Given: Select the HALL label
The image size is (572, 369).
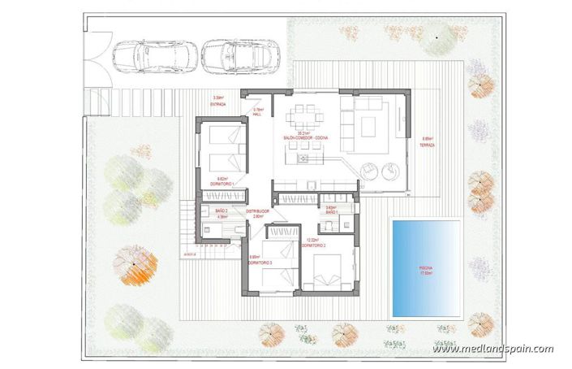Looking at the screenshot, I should [258, 114].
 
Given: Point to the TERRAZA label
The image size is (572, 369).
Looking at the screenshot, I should [428, 145].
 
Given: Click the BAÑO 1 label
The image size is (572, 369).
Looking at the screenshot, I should [331, 211].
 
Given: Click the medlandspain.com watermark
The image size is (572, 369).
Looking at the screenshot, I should [492, 349].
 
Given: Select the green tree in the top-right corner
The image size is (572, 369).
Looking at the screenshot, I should [437, 37].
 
